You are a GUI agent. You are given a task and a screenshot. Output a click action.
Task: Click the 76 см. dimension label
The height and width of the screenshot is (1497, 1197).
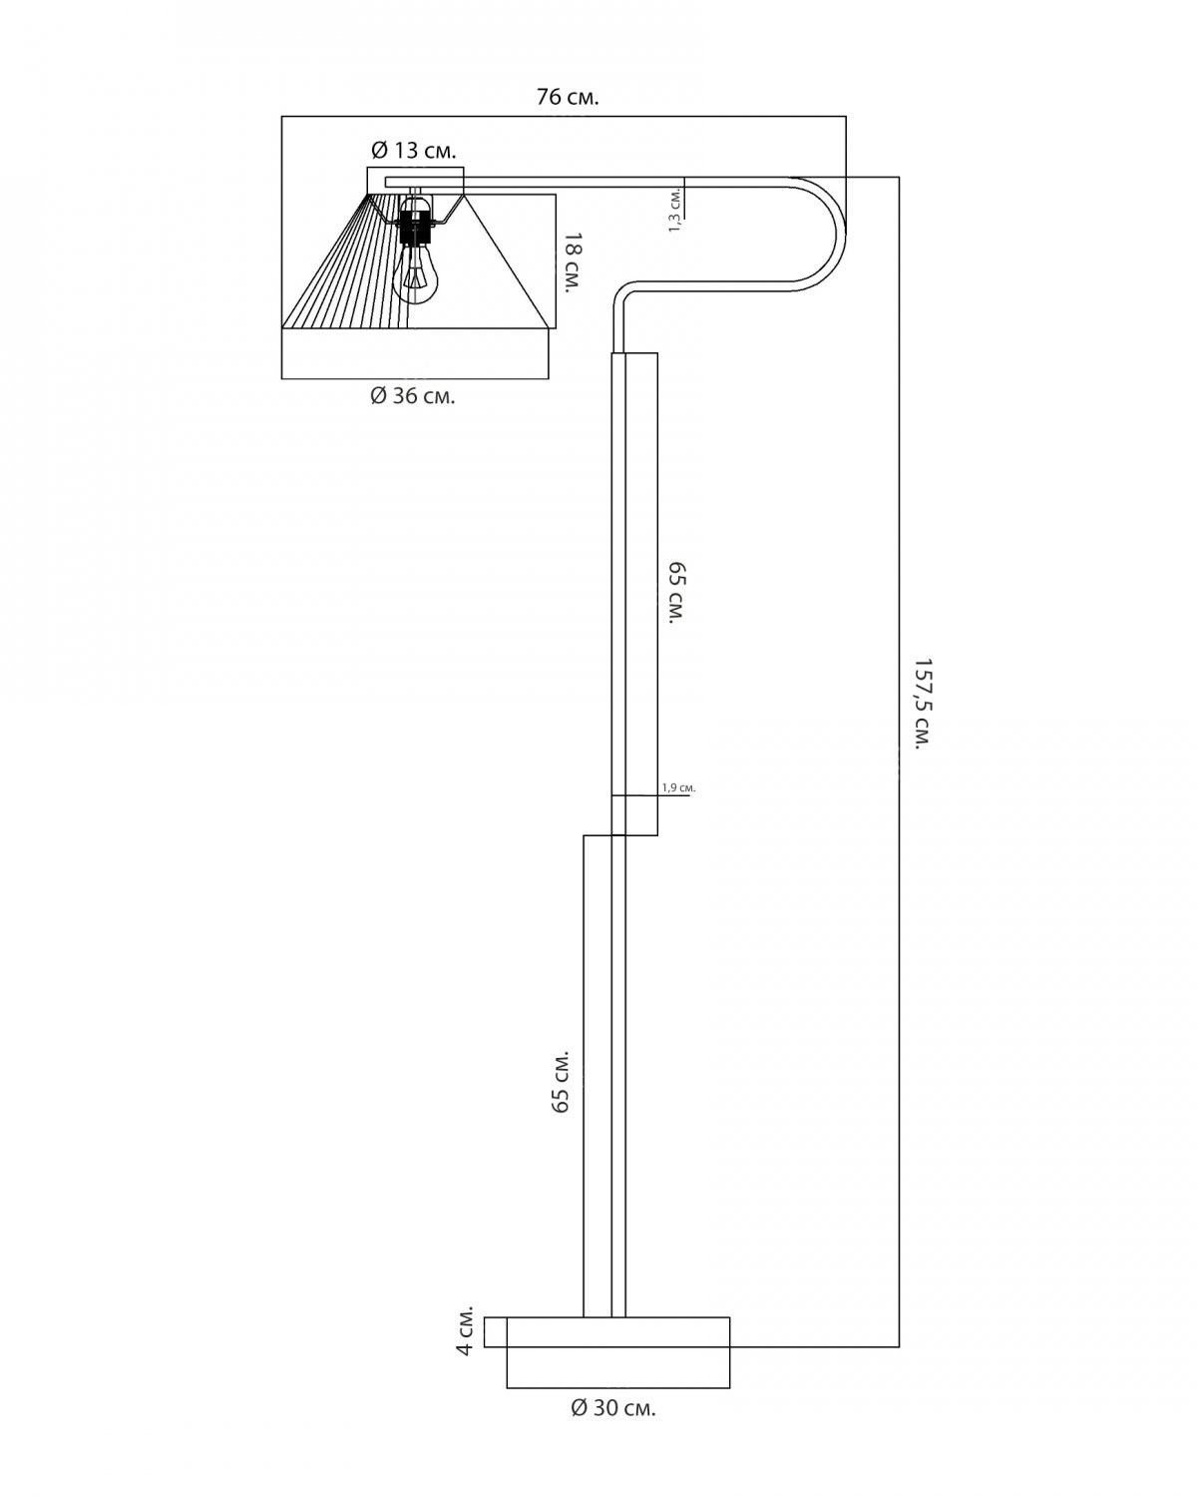pyautogui.click(x=567, y=97)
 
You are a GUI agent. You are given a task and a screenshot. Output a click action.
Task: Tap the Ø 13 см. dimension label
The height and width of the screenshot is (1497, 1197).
pyautogui.click(x=414, y=150)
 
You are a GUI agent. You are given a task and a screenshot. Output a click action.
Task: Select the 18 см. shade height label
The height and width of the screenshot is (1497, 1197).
pyautogui.click(x=573, y=262)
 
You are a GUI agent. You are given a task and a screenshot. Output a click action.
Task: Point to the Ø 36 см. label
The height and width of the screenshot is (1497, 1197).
pyautogui.click(x=412, y=396)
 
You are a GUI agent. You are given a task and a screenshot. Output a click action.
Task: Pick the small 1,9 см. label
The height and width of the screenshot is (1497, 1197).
pyautogui.click(x=678, y=787)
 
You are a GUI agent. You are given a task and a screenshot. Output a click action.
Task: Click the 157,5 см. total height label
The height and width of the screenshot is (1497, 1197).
pyautogui.click(x=923, y=703)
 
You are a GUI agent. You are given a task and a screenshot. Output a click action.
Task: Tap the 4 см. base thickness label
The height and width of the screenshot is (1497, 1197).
pyautogui.click(x=464, y=1330)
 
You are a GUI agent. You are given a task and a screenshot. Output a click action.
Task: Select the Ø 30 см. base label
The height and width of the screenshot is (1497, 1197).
pyautogui.click(x=612, y=1408)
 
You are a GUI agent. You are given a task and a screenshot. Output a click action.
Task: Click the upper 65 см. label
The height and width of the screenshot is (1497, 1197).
pyautogui.click(x=676, y=593)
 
